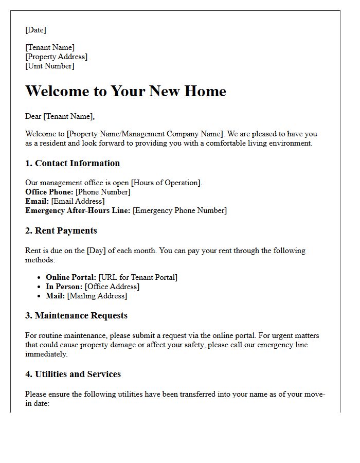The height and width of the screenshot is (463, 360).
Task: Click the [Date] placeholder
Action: tap(35, 30)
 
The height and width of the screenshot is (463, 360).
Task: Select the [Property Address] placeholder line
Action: tap(56, 57)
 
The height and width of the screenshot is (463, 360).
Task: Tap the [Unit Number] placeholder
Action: tap(49, 66)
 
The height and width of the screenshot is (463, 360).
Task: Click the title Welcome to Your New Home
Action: tap(125, 91)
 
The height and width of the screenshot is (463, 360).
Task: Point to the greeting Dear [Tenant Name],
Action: tap(60, 116)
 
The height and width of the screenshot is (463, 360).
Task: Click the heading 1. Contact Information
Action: tap(73, 163)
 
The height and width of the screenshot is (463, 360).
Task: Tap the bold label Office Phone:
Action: tap(49, 192)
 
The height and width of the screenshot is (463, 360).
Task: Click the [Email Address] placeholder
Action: tap(78, 201)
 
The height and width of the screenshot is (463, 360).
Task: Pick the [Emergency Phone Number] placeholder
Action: tap(179, 210)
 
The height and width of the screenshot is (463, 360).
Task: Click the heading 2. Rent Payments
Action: tap(61, 230)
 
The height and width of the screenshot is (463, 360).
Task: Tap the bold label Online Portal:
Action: tap(71, 277)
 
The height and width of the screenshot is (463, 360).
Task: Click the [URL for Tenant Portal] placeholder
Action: tap(138, 277)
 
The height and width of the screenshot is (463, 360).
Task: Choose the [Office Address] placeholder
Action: tap(112, 287)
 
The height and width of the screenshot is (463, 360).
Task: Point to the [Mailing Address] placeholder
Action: tap(97, 296)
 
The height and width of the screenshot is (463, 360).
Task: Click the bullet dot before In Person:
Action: tap(40, 287)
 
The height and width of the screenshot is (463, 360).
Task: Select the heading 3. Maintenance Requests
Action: tap(76, 315)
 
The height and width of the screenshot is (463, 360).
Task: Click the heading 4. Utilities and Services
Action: tap(73, 374)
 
